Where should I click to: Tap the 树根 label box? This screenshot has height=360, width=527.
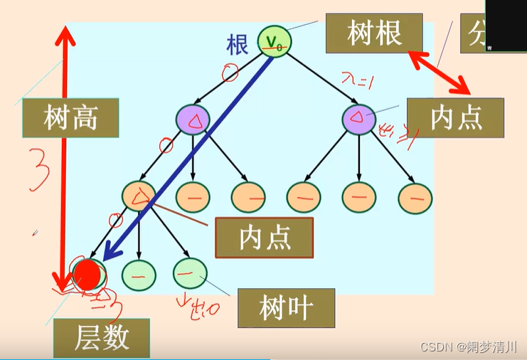coord(375,33)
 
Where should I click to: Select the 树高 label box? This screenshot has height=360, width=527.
coord(70,117)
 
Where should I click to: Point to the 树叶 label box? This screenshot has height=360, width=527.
coord(286,307)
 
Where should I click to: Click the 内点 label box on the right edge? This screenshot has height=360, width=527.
coord(455,117)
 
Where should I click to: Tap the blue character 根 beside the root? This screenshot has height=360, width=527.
coord(238,45)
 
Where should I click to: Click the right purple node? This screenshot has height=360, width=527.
coord(359,119)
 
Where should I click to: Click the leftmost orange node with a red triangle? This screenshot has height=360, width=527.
coord(139,196)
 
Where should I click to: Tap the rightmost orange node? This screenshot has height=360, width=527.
coord(415,198)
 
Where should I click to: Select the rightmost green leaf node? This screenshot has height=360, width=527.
coord(189,272)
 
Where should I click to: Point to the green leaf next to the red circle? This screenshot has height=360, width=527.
coord(139,272)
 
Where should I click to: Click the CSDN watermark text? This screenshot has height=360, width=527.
coord(469,347)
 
